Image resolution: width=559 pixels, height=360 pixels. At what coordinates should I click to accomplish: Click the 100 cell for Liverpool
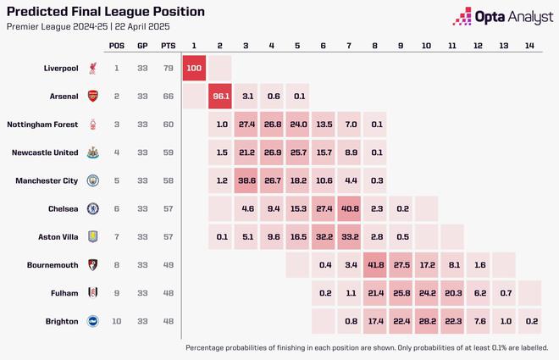coord(195,68)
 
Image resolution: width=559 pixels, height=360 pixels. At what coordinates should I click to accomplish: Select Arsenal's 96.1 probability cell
coord(220,97)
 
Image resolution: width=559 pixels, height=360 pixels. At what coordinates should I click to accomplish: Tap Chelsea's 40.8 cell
coord(348,208)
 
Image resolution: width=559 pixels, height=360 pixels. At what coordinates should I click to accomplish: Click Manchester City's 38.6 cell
coord(246,180)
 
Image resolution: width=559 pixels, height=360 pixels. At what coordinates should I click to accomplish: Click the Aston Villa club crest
coord(92,236)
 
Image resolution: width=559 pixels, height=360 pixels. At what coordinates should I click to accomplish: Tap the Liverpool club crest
coord(92,68)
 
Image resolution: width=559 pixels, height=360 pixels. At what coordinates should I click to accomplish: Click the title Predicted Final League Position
coord(105,12)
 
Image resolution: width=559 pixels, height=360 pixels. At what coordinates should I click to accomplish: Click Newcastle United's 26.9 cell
coord(272,152)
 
